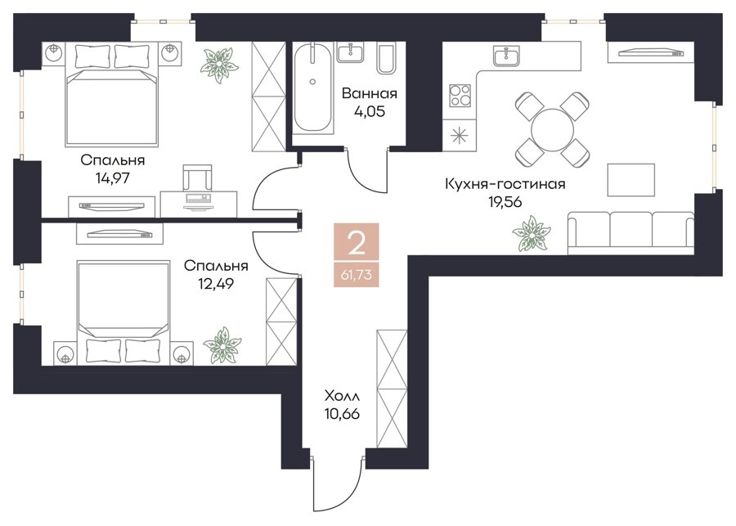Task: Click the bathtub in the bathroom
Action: (x=312, y=88)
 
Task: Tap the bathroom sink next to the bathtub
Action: (x=350, y=52)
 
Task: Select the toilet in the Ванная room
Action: (x=387, y=59)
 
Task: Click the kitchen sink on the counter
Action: (x=506, y=56)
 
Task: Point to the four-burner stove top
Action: (x=460, y=95)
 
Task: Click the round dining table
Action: (x=552, y=129)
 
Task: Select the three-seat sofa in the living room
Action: (x=631, y=233)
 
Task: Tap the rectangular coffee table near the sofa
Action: (x=631, y=180)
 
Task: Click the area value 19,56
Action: (x=505, y=202)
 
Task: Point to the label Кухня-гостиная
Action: (x=505, y=183)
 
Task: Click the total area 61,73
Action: (x=357, y=274)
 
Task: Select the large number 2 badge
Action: (x=357, y=245)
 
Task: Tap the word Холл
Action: (x=342, y=396)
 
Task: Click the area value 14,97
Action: (x=112, y=178)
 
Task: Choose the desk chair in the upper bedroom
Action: (x=197, y=177)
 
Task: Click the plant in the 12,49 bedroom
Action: (x=222, y=345)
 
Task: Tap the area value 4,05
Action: (x=370, y=112)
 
